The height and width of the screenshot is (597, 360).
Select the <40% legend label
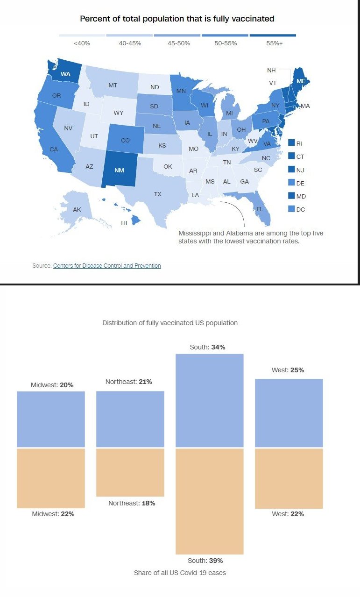tap(82, 43)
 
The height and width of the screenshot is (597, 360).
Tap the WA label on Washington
tap(65, 74)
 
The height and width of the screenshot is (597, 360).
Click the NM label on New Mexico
tap(119, 170)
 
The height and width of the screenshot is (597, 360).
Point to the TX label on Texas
tap(157, 193)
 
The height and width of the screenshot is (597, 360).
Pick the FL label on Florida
tap(260, 209)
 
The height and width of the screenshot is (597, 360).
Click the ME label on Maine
tap(301, 81)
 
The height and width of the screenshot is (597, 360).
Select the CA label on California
tap(54, 149)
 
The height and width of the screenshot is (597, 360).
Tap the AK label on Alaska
tap(77, 210)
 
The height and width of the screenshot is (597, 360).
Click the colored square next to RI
tap(291, 143)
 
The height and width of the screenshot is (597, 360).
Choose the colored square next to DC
tap(291, 209)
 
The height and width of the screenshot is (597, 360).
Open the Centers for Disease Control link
tap(107, 266)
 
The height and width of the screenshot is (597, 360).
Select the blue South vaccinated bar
tap(210, 401)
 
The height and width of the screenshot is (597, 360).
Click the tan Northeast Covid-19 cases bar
tap(130, 472)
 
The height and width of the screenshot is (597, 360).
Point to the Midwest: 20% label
tap(52, 385)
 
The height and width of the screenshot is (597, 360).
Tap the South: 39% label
tap(205, 561)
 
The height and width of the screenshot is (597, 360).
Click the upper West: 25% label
tap(288, 370)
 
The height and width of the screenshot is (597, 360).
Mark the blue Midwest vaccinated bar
tap(51, 419)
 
